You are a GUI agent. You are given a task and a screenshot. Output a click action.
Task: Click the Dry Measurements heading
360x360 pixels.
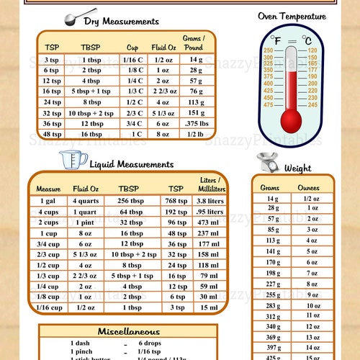[121, 22]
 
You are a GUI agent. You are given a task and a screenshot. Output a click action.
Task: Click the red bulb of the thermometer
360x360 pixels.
[291, 117]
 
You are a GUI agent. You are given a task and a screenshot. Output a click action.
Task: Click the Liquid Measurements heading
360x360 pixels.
[128, 165]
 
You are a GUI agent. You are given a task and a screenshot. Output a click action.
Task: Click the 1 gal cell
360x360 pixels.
[48, 201]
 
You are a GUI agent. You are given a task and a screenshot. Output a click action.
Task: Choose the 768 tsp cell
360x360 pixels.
[176, 201]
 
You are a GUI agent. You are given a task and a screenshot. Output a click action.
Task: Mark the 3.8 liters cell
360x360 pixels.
[210, 201]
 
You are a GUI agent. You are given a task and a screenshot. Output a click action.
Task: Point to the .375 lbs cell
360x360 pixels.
[197, 123]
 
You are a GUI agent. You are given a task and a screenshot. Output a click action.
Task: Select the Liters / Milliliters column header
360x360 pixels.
[210, 184]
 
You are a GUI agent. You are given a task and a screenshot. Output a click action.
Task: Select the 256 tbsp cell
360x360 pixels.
[131, 201]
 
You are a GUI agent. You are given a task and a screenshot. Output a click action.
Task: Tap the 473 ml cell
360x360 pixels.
[210, 222]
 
